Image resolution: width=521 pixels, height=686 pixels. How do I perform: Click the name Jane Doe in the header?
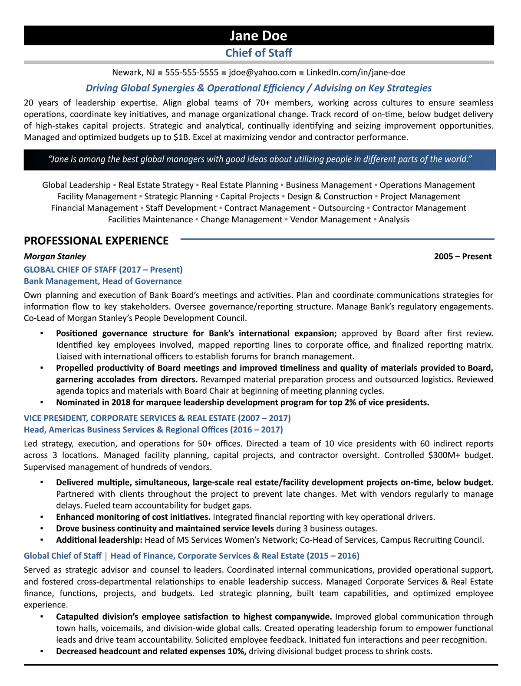pyautogui.click(x=258, y=36)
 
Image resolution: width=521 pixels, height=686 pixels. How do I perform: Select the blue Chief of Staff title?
pyautogui.click(x=258, y=53)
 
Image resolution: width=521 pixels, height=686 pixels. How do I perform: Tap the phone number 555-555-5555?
pyautogui.click(x=191, y=73)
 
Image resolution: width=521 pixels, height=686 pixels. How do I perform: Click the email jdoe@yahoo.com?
pyautogui.click(x=262, y=73)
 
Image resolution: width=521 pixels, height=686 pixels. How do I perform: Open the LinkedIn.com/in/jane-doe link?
pyautogui.click(x=356, y=73)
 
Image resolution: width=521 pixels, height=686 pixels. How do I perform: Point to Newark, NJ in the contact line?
pyautogui.click(x=133, y=73)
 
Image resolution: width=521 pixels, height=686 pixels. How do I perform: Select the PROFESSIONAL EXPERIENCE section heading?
pyautogui.click(x=96, y=241)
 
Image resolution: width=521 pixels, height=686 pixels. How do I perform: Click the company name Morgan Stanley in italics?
pyautogui.click(x=55, y=256)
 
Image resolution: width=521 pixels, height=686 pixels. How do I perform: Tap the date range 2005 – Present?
pyautogui.click(x=462, y=256)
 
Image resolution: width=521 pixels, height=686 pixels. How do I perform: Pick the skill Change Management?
pyautogui.click(x=241, y=220)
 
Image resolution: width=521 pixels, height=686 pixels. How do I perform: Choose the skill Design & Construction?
pyautogui.click(x=330, y=197)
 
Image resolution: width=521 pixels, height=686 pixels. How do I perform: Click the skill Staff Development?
pyautogui.click(x=181, y=208)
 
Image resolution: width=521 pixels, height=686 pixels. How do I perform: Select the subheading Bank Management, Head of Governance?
pyautogui.click(x=102, y=281)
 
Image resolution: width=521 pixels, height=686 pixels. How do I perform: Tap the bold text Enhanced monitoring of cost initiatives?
pyautogui.click(x=133, y=517)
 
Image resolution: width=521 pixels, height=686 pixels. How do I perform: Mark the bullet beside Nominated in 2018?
pyautogui.click(x=42, y=402)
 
